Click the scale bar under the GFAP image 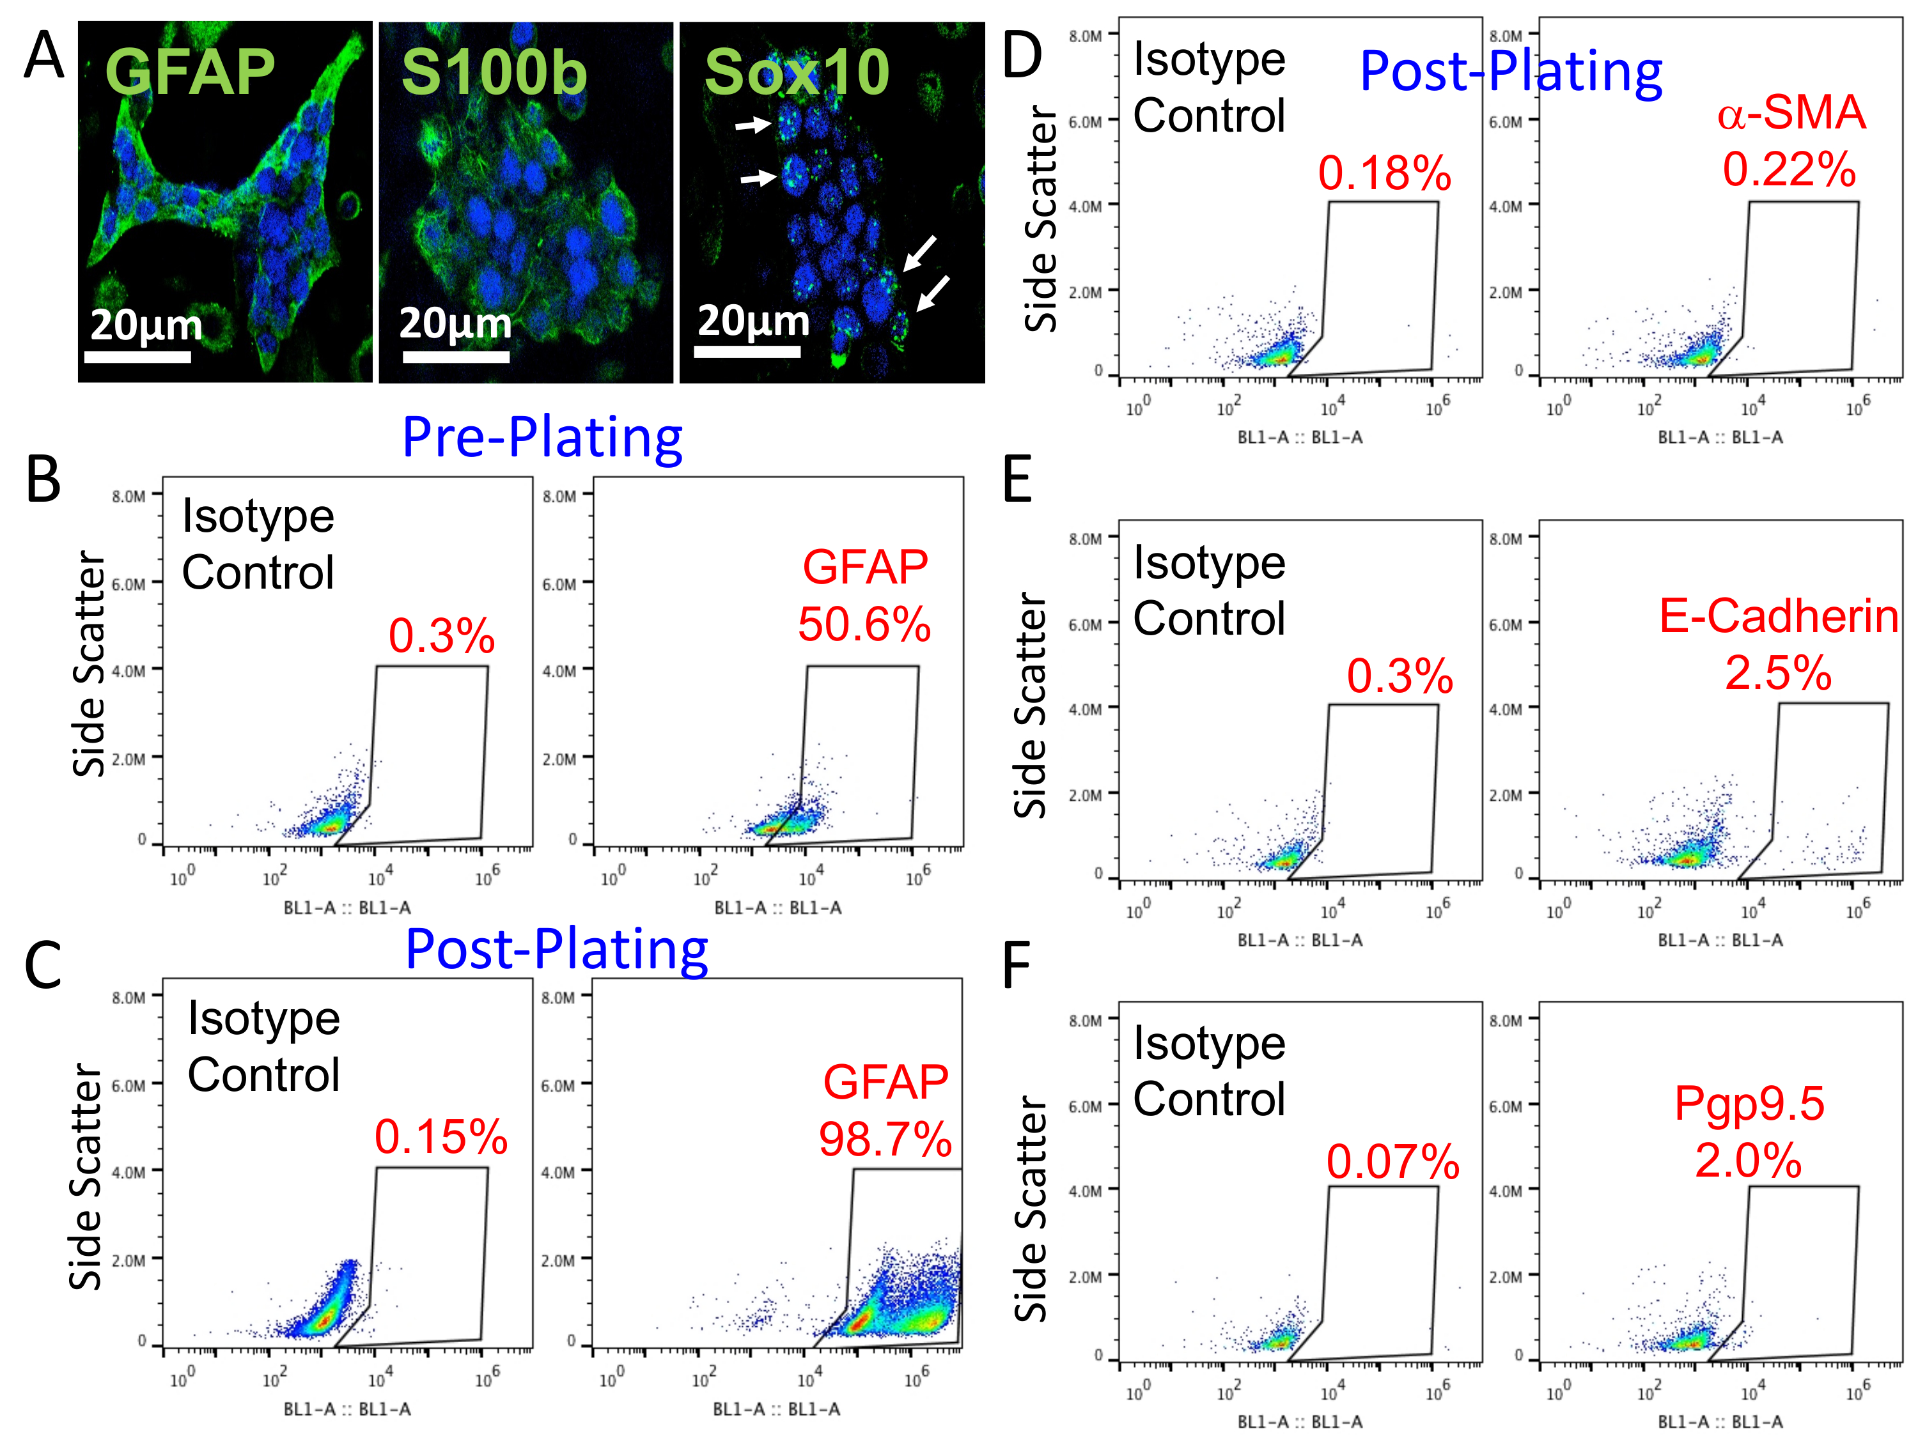point(137,356)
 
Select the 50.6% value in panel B point(864,624)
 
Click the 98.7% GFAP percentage point(885,1139)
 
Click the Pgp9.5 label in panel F point(1749,1103)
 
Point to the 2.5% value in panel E point(1779,672)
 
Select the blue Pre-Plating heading point(543,437)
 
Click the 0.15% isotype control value point(441,1136)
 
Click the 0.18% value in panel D point(1385,173)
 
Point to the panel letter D point(1022,56)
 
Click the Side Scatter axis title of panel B point(90,664)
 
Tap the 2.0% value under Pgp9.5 point(1748,1160)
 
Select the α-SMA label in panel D point(1791,112)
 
